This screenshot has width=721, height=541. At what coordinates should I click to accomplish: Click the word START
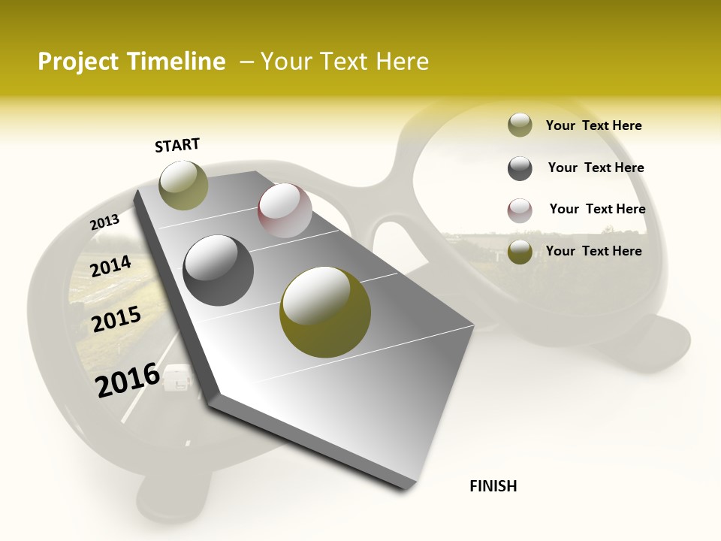tap(177, 145)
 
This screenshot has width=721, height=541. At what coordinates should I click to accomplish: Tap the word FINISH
tap(493, 486)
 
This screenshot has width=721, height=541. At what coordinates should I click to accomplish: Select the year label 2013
tap(104, 222)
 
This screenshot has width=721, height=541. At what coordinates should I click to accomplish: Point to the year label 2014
tap(110, 267)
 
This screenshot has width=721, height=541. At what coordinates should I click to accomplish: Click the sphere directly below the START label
tap(183, 185)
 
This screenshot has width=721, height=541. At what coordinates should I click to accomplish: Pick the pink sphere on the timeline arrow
tap(285, 210)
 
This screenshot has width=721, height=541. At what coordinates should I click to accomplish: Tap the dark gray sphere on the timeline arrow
tap(218, 270)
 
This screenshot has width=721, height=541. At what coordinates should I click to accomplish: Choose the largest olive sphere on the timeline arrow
tap(324, 311)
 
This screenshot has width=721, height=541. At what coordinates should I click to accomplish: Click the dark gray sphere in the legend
tap(520, 168)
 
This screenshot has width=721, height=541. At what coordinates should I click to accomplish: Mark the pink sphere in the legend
tap(520, 210)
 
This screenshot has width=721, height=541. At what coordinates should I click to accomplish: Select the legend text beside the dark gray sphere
tap(596, 168)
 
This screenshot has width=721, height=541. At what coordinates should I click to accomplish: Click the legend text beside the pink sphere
tap(597, 209)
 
